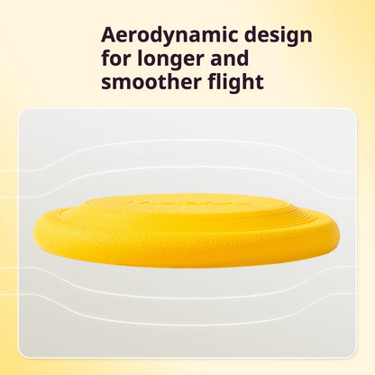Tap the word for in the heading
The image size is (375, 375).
(x=116, y=59)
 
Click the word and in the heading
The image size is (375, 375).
(x=230, y=59)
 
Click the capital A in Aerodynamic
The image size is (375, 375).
(x=110, y=34)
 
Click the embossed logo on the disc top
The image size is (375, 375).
(x=188, y=202)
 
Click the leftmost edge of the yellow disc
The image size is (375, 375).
(x=34, y=232)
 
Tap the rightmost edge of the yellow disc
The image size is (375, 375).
(x=339, y=232)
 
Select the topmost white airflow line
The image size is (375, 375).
(x=187, y=141)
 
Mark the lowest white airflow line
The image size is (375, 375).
(x=187, y=324)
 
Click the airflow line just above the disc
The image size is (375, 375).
(x=187, y=167)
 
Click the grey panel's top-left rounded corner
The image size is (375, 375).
(x=22, y=112)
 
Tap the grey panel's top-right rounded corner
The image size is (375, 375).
(x=353, y=112)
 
